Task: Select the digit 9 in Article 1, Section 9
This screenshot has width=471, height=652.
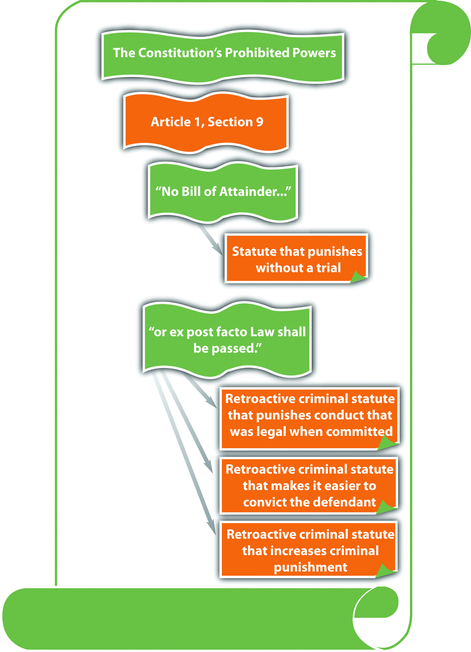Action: coord(260,122)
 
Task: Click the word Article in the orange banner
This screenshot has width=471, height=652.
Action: coord(171,122)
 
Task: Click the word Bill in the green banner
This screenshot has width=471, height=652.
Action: coord(191,192)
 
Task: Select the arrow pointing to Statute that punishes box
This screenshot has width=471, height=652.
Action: coord(211,240)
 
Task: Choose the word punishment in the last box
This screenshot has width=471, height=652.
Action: coord(311,567)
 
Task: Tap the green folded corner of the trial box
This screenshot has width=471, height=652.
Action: coord(358,277)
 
